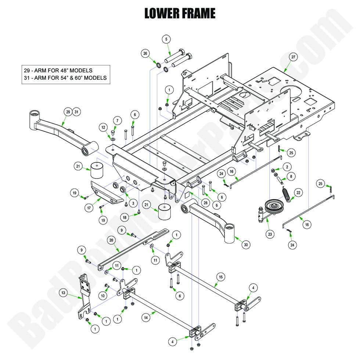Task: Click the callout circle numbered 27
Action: (x=293, y=57)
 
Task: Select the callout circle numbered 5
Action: (x=166, y=39)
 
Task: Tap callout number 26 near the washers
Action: (x=145, y=54)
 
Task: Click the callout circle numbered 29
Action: (x=67, y=112)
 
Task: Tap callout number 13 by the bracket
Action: (x=64, y=293)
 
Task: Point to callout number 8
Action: (x=291, y=176)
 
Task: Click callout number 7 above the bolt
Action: (x=117, y=120)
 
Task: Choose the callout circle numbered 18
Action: (x=125, y=217)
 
